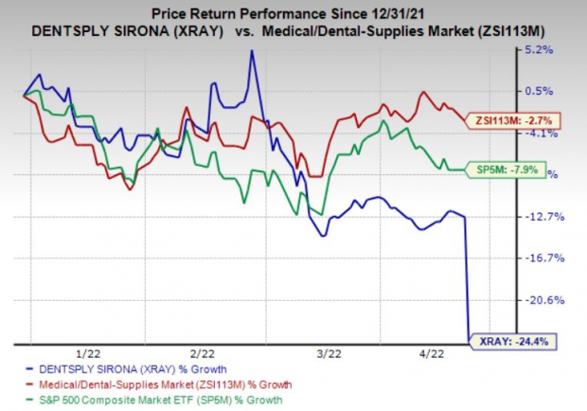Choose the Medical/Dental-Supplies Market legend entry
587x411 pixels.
point(162,385)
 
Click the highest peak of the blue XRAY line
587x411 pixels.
point(252,52)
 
